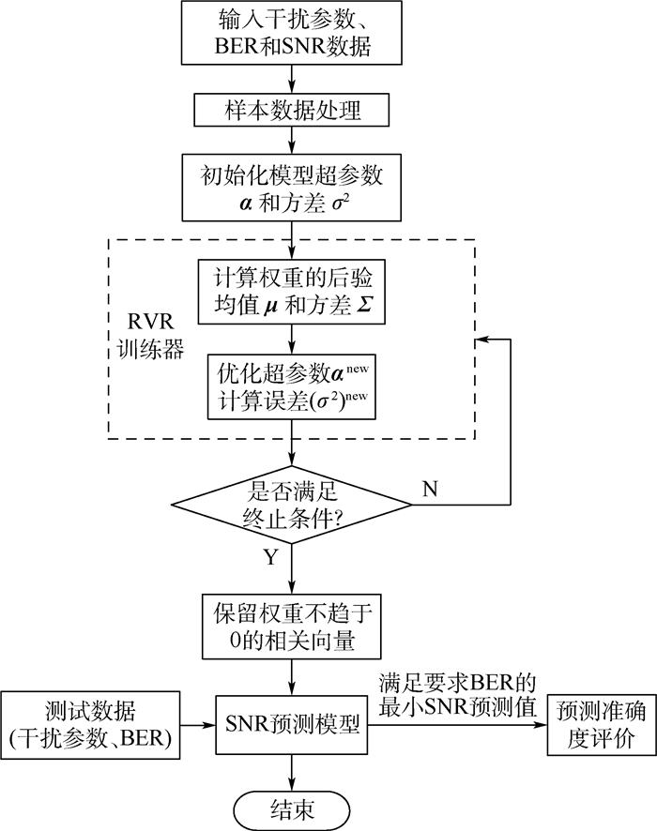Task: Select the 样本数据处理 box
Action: [x=292, y=111]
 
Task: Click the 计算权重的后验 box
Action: [x=292, y=291]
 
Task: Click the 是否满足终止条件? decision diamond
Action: [x=292, y=505]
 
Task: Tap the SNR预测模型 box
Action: [x=292, y=724]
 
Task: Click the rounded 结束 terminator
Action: [x=292, y=806]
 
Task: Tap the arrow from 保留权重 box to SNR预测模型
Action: [x=292, y=675]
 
